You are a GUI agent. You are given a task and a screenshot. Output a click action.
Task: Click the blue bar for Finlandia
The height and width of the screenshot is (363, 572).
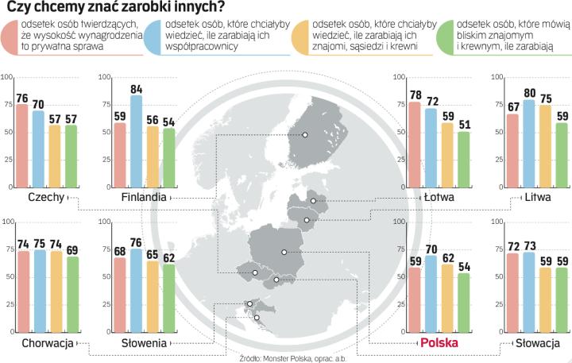coord(137,141)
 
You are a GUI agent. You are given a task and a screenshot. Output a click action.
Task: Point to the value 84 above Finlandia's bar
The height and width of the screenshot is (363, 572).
coord(137,90)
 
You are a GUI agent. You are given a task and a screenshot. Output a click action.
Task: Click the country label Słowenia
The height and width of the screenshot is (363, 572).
coord(144,343)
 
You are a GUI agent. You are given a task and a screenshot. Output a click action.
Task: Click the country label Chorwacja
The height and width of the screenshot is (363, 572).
coord(48,343)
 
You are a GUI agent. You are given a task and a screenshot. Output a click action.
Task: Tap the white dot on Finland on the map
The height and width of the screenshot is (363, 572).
coord(303,135)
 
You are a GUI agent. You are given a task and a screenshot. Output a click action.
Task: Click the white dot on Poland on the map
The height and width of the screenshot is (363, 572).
coord(284,253)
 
